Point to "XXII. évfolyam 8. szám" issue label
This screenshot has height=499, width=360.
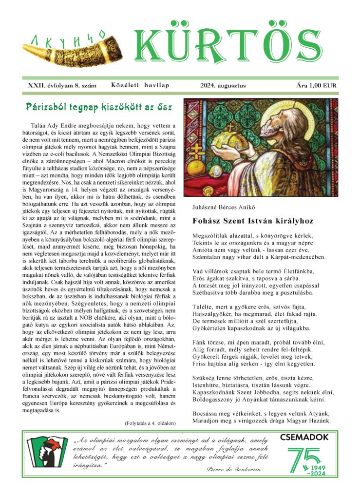(x=62, y=86)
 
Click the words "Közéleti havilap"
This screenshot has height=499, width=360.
(x=140, y=86)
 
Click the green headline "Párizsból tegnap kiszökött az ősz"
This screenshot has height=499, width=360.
(x=101, y=106)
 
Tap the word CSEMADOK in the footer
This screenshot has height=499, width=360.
(x=304, y=438)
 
